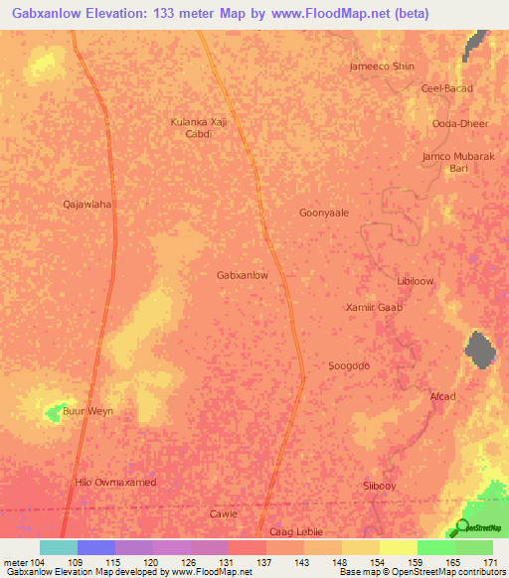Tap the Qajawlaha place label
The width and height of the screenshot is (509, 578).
pyautogui.click(x=86, y=205)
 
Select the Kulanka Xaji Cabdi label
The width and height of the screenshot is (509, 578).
pyautogui.click(x=200, y=127)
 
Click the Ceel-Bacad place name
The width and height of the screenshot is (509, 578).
pyautogui.click(x=447, y=88)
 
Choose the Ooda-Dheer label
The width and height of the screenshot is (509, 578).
pyautogui.click(x=453, y=123)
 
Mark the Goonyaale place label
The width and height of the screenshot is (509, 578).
pyautogui.click(x=324, y=213)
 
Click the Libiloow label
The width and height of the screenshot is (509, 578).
pyautogui.click(x=416, y=281)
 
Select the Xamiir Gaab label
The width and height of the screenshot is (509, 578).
pyautogui.click(x=374, y=308)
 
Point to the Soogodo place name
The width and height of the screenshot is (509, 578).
pyautogui.click(x=349, y=365)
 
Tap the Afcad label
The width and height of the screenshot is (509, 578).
pyautogui.click(x=442, y=397)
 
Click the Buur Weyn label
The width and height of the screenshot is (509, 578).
pyautogui.click(x=88, y=411)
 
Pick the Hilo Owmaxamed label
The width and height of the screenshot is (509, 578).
pyautogui.click(x=116, y=482)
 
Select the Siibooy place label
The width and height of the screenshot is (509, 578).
pyautogui.click(x=380, y=485)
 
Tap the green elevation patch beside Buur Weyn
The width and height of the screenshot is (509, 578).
pyautogui.click(x=54, y=409)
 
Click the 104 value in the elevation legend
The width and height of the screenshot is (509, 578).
pyautogui.click(x=29, y=563)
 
